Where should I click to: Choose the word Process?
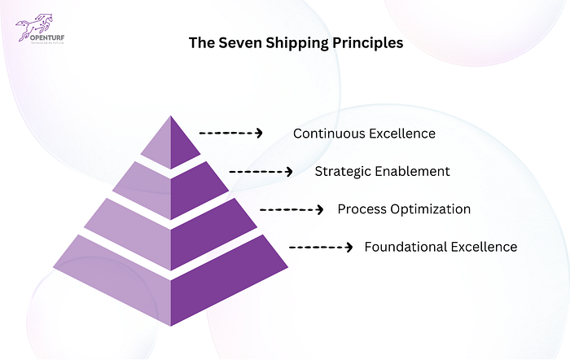click(361, 209)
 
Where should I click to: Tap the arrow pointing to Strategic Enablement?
click(261, 172)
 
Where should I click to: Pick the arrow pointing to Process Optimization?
click(292, 209)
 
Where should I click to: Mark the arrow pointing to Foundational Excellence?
click(321, 247)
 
